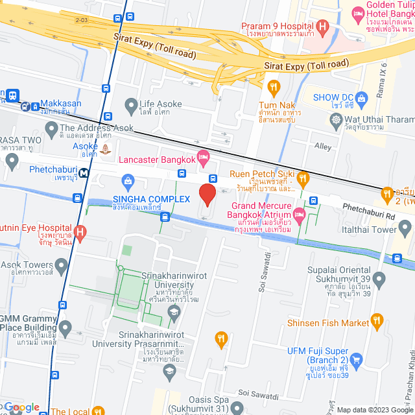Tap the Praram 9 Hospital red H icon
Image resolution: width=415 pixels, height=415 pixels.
coord(324,25)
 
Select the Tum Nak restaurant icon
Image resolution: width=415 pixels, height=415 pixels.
coord(274,86)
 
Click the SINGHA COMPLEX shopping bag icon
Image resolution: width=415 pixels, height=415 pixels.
coord(128,179)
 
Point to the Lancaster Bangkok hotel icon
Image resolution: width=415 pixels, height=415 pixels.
coord(204,156)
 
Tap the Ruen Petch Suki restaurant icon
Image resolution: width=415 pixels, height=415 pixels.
coord(303,175)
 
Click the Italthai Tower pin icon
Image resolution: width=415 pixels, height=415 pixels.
coord(405,228)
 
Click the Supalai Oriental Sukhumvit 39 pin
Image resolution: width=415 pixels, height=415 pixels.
coord(379,280)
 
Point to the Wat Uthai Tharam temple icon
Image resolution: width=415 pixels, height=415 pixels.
coord(336,119)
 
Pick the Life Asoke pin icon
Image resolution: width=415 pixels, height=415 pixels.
coord(131,104)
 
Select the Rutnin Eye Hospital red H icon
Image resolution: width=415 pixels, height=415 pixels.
coord(80,231)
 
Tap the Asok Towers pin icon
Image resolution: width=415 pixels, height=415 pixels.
coord(62,265)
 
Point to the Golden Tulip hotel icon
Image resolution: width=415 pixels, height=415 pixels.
coord(357,13)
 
